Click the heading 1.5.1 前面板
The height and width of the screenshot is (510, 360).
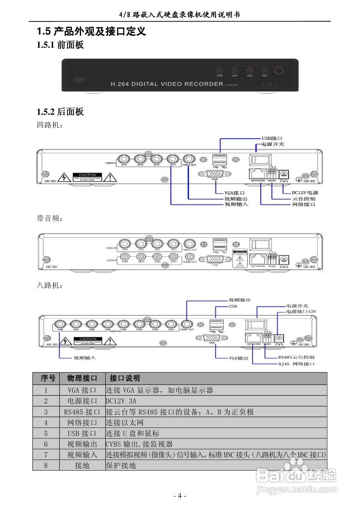[60, 45]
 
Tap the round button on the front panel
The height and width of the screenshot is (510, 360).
[279, 71]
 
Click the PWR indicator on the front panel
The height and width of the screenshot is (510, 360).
[220, 71]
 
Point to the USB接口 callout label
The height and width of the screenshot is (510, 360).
[272, 139]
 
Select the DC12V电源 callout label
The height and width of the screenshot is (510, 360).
[305, 192]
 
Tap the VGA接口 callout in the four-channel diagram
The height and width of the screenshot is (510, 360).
[235, 192]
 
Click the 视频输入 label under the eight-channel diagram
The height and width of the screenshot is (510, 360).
[84, 358]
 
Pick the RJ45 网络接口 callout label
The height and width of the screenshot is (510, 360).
[296, 364]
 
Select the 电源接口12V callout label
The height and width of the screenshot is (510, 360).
[301, 312]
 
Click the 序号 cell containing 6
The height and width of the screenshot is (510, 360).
[46, 444]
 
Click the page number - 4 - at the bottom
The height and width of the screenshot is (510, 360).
[180, 495]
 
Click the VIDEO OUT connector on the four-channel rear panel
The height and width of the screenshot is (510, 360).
[189, 159]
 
